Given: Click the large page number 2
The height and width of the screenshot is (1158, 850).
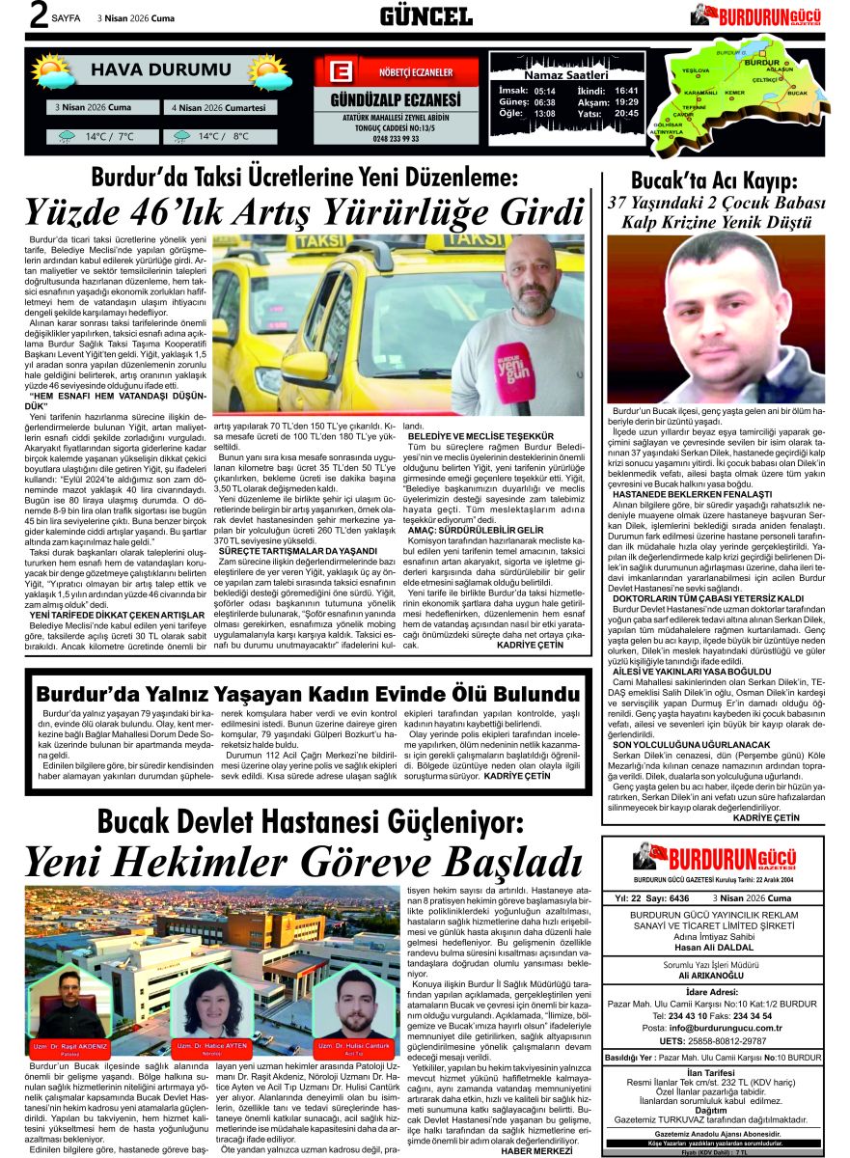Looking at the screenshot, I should [x=14, y=16].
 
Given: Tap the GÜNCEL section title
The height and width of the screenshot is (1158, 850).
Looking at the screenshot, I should [x=425, y=15].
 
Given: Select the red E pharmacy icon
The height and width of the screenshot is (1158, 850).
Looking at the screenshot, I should [x=341, y=72].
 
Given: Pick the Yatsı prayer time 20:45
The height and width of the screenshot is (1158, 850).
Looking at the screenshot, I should [x=626, y=113].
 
